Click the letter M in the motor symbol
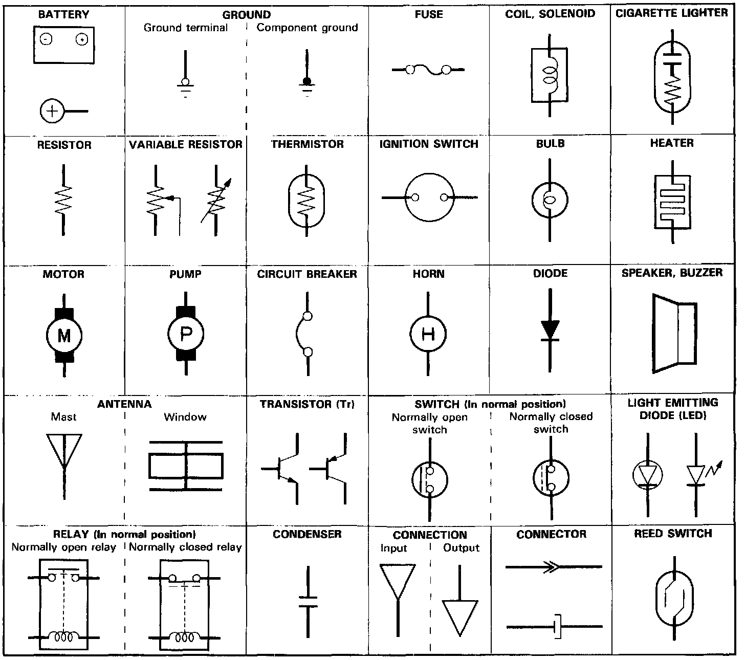[64, 336]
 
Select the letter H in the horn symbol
[428, 335]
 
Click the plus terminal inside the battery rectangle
[81, 39]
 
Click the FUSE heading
[429, 14]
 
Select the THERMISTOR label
[308, 144]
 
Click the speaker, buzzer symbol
[674, 333]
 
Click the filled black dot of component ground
[307, 81]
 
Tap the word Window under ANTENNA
[185, 417]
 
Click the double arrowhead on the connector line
[549, 567]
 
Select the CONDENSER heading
[307, 534]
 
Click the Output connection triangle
[460, 617]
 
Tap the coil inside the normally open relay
[64, 637]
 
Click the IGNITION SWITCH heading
[429, 144]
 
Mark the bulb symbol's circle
[551, 200]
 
